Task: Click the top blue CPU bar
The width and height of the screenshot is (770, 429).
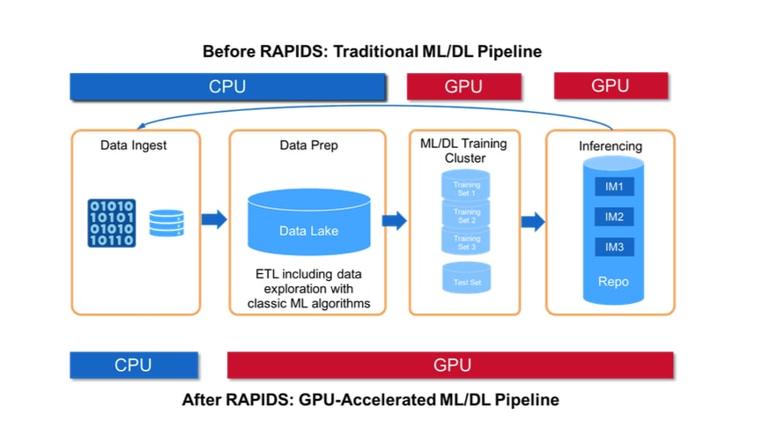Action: tap(227, 86)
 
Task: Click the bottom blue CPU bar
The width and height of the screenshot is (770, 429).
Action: tap(133, 365)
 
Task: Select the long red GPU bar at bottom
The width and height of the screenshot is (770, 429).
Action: tap(450, 365)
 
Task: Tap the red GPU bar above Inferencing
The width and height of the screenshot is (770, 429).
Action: tap(611, 85)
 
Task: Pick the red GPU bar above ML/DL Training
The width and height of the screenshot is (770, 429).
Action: tap(463, 86)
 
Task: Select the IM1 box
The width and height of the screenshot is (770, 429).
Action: tap(614, 187)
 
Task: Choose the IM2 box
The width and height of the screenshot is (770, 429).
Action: tap(614, 217)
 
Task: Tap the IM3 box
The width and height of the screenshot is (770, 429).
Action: tap(614, 247)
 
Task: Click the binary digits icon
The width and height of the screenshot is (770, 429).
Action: tap(111, 222)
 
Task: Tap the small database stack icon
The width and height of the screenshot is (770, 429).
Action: tap(166, 223)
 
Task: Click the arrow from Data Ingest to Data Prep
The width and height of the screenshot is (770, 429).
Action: tap(214, 220)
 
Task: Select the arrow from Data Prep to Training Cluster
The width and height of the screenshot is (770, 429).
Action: tap(395, 220)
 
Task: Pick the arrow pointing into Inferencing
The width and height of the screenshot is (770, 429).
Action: tap(532, 220)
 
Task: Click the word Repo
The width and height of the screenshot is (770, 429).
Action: tap(614, 283)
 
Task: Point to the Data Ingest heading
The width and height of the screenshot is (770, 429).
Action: tap(133, 144)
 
